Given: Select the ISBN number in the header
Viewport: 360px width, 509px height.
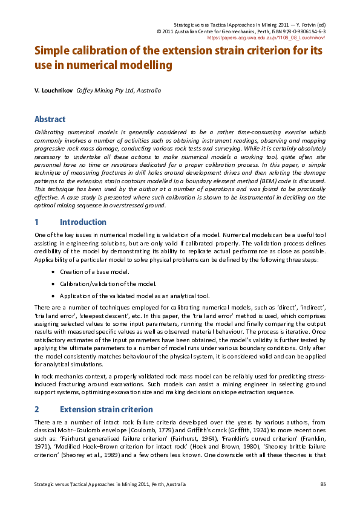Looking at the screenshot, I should point(301,31).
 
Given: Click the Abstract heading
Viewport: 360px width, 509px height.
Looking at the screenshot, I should point(50,119).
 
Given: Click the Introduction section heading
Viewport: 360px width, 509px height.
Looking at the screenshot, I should point(83,222).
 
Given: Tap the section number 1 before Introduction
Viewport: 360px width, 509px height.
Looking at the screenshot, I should point(37,222).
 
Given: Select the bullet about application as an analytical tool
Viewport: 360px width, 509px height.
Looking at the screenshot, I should point(134,296).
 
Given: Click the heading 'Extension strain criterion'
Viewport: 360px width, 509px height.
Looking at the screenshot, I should point(103,409).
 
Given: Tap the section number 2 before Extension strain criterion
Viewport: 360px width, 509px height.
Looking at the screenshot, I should point(37,409).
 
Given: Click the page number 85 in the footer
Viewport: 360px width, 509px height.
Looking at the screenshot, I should point(322,485).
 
